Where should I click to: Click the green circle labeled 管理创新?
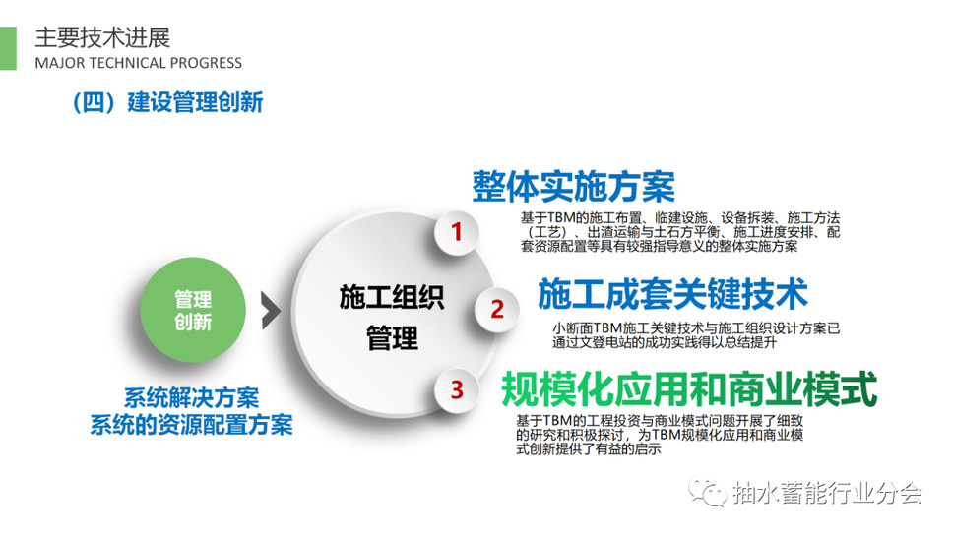click(x=193, y=310)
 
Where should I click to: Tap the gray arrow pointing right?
click(x=271, y=311)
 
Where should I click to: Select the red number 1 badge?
click(x=457, y=231)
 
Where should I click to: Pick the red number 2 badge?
click(x=496, y=309)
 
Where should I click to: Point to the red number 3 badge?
click(x=457, y=389)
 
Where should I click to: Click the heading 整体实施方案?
click(x=574, y=186)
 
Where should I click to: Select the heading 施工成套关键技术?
click(x=672, y=294)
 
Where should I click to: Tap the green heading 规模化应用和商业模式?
click(x=689, y=389)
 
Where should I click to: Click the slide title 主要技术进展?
click(x=102, y=37)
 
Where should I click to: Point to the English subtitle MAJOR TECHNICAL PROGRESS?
click(x=139, y=63)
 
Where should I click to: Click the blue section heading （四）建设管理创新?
click(x=167, y=102)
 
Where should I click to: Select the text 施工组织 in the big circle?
click(x=392, y=297)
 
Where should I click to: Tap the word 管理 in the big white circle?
click(x=392, y=337)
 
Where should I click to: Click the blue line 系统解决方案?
click(x=191, y=398)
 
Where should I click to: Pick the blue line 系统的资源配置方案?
click(x=191, y=425)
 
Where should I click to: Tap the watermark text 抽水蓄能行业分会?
click(x=827, y=493)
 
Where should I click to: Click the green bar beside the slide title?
click(x=8, y=48)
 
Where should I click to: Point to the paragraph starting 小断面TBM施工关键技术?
click(x=696, y=335)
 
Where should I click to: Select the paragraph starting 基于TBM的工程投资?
click(x=660, y=435)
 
